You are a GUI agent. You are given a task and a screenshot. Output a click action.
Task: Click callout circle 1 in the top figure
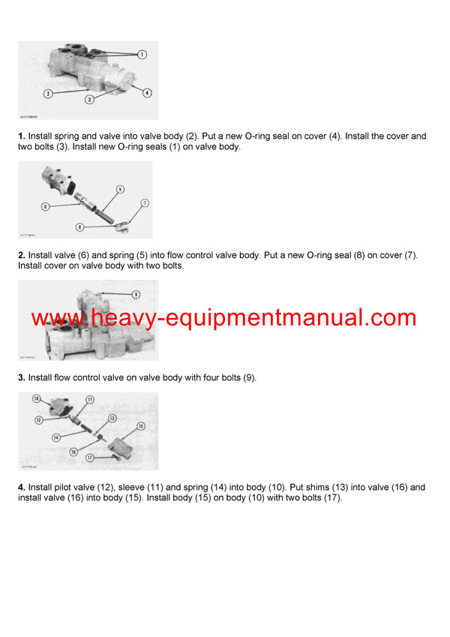pyautogui.click(x=142, y=54)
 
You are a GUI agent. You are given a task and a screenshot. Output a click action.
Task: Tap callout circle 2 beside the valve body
pyautogui.click(x=47, y=94)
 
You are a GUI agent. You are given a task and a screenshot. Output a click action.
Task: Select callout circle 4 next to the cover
pyautogui.click(x=147, y=93)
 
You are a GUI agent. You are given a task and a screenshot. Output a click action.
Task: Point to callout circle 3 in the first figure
pyautogui.click(x=89, y=99)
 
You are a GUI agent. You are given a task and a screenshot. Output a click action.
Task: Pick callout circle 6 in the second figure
pyautogui.click(x=46, y=206)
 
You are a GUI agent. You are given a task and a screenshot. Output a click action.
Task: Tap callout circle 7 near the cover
pyautogui.click(x=145, y=203)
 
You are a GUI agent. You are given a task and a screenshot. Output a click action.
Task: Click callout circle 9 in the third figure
pyautogui.click(x=136, y=293)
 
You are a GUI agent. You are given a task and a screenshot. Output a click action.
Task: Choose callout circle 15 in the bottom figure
pyautogui.click(x=141, y=425)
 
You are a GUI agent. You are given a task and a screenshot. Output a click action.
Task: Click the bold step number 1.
pyautogui.click(x=22, y=137)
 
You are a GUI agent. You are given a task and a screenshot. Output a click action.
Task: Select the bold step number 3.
pyautogui.click(x=22, y=377)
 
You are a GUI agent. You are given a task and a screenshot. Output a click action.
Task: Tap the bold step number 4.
pyautogui.click(x=22, y=487)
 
